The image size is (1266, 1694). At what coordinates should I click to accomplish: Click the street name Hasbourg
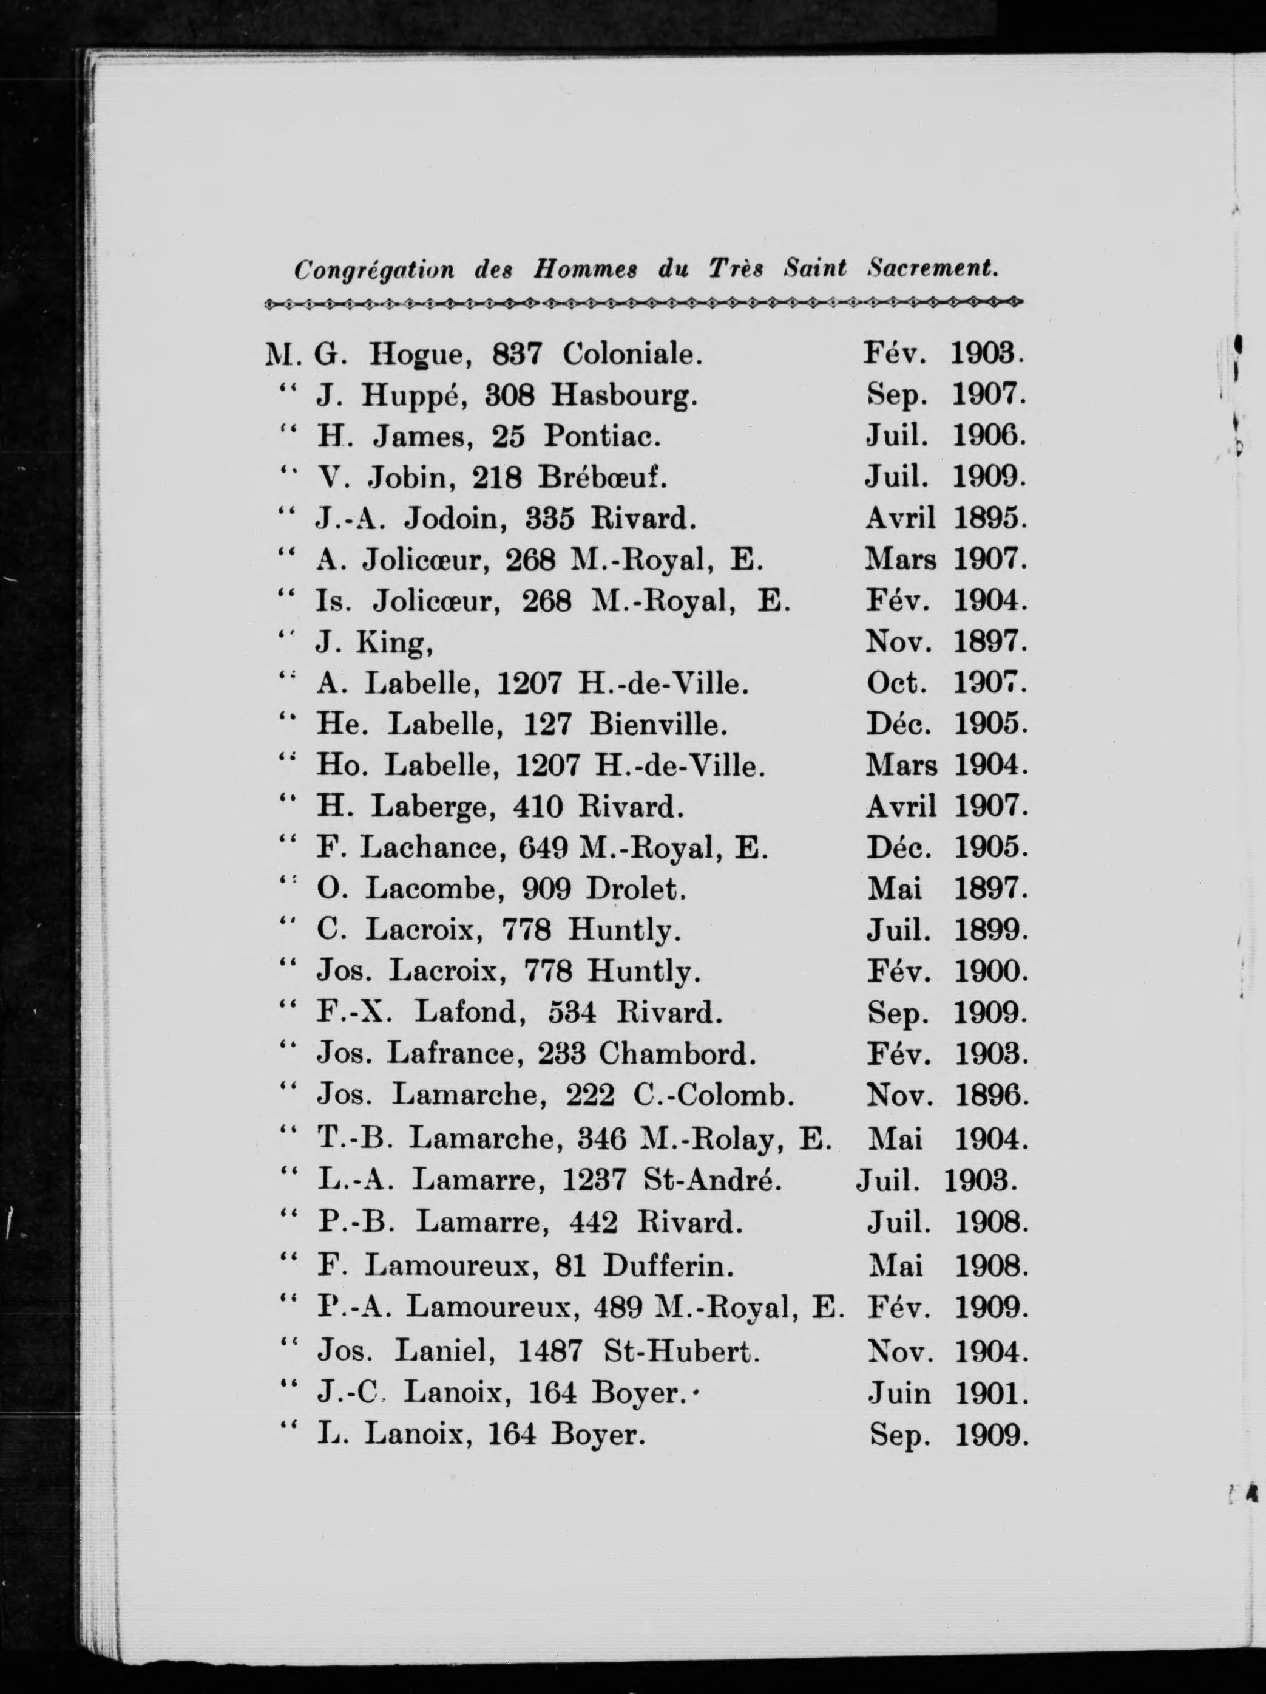click(624, 395)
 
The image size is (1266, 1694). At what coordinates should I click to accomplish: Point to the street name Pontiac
click(601, 437)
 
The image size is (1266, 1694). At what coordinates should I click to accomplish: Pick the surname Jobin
click(412, 478)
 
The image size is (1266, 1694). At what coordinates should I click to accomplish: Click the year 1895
click(990, 519)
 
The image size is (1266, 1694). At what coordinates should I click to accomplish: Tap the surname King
click(395, 643)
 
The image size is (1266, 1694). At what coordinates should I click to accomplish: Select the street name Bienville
click(657, 724)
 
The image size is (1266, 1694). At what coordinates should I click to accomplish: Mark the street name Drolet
click(635, 889)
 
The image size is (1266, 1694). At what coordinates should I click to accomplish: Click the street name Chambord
click(677, 1054)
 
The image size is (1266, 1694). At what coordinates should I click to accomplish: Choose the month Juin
click(899, 1393)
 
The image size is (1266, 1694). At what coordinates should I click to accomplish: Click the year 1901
click(991, 1393)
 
